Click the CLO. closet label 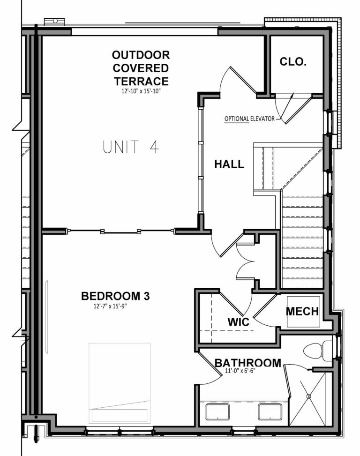pyautogui.click(x=293, y=61)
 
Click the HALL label pyautogui.click(x=229, y=164)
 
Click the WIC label pyautogui.click(x=238, y=323)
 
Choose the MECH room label pyautogui.click(x=302, y=312)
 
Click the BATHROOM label pyautogui.click(x=248, y=363)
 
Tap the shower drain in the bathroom pyautogui.click(x=309, y=396)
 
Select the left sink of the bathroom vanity pyautogui.click(x=217, y=412)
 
